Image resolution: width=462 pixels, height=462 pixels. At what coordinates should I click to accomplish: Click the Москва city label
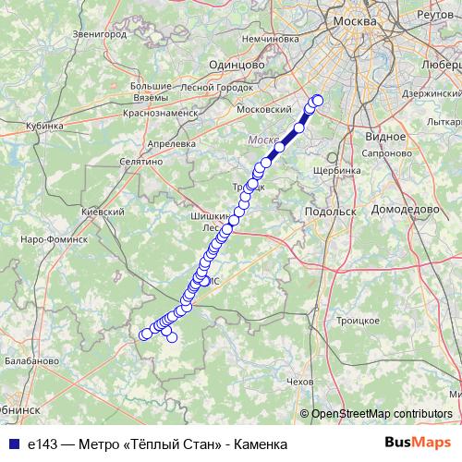[355, 20]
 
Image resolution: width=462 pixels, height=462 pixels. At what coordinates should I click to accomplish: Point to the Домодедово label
[405, 210]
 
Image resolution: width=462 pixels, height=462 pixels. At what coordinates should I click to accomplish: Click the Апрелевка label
[171, 144]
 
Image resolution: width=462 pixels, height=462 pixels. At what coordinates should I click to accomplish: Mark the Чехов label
[300, 381]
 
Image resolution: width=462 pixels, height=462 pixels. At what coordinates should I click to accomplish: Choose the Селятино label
[140, 161]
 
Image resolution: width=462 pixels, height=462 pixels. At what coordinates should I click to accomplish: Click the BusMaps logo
[418, 444]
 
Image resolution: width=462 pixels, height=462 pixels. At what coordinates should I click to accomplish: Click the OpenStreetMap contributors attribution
[381, 414]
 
